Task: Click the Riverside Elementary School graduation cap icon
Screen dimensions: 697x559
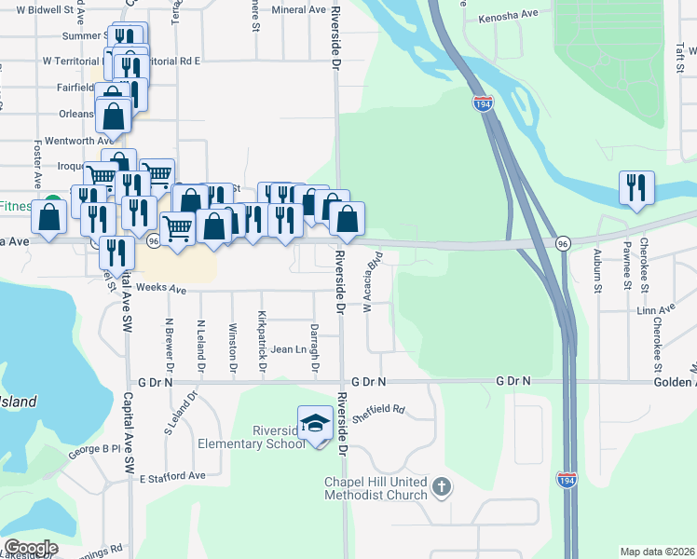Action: (x=316, y=424)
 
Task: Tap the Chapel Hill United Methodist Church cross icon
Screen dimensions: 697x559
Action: (x=442, y=486)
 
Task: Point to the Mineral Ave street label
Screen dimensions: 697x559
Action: (x=299, y=9)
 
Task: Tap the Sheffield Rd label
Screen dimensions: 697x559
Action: (x=381, y=408)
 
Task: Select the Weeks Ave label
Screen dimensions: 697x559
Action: (x=161, y=289)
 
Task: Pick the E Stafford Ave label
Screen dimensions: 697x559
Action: (x=172, y=476)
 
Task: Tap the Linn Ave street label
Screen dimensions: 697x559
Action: (x=654, y=309)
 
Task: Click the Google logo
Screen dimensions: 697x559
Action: (x=31, y=548)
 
